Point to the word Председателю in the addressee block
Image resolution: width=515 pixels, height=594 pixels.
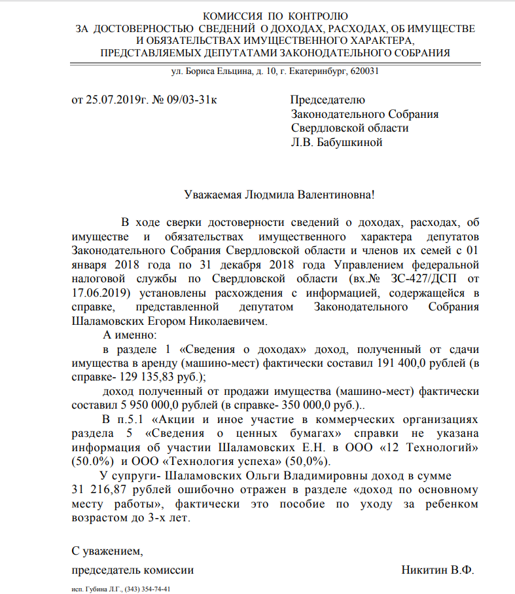(328, 100)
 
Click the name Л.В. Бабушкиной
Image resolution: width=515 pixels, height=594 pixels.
(336, 142)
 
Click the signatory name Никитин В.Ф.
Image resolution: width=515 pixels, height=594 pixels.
(437, 570)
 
